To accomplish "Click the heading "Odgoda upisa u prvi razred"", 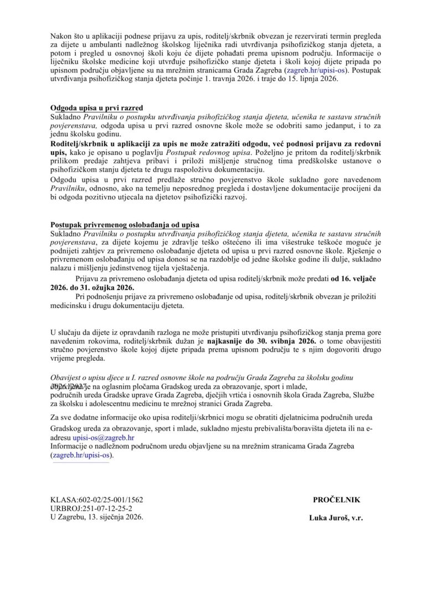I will (96, 109).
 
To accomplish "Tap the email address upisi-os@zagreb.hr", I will (104, 437).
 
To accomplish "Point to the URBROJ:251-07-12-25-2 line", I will (91, 508).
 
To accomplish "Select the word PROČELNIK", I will (336, 499).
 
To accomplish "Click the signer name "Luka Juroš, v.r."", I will (336, 518).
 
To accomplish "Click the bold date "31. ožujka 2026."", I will (92, 288).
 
